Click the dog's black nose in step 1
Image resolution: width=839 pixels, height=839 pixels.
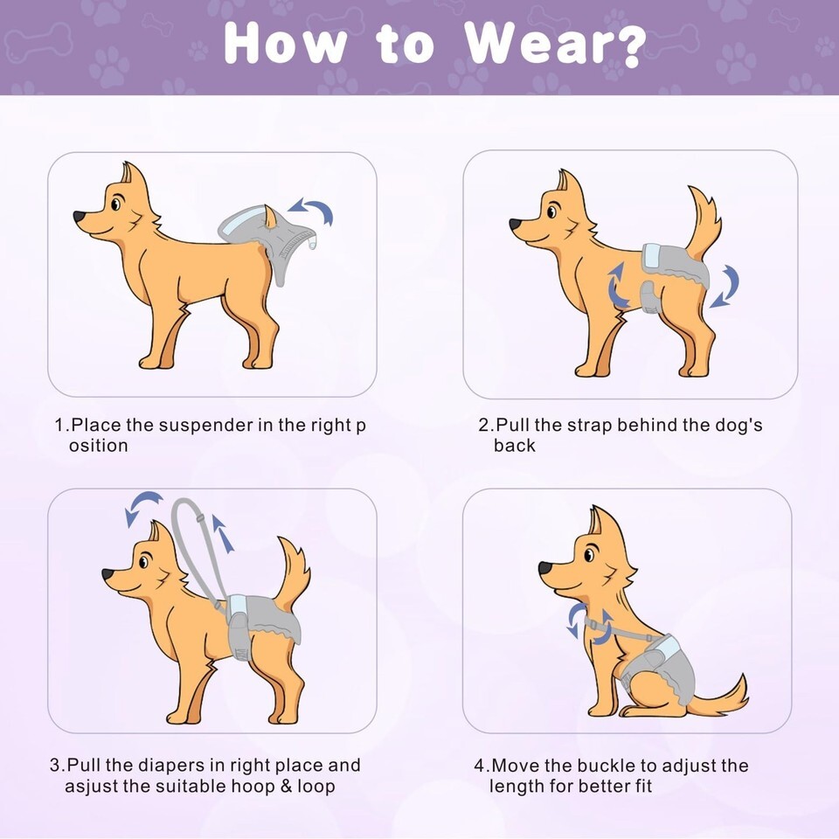pyautogui.click(x=80, y=217)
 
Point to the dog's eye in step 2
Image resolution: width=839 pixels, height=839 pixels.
pyautogui.click(x=551, y=211)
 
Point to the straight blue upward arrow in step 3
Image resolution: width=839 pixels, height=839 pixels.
pyautogui.click(x=223, y=533)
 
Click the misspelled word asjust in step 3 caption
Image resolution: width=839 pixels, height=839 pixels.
pyautogui.click(x=92, y=787)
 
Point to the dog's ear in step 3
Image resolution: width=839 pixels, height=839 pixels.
pyautogui.click(x=156, y=533)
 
